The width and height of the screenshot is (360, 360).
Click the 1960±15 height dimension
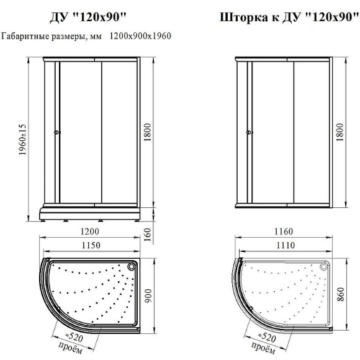point(22,140)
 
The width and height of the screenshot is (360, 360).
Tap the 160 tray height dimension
point(147,234)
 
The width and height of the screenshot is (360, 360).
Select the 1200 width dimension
point(90,231)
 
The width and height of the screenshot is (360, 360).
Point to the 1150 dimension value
point(91,245)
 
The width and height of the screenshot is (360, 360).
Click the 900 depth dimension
point(148,295)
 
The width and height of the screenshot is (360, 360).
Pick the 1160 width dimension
point(284,232)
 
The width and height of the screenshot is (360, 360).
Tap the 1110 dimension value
point(285,245)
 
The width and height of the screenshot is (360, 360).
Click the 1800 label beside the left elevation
point(147,132)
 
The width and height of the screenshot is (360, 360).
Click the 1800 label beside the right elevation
point(340,132)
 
